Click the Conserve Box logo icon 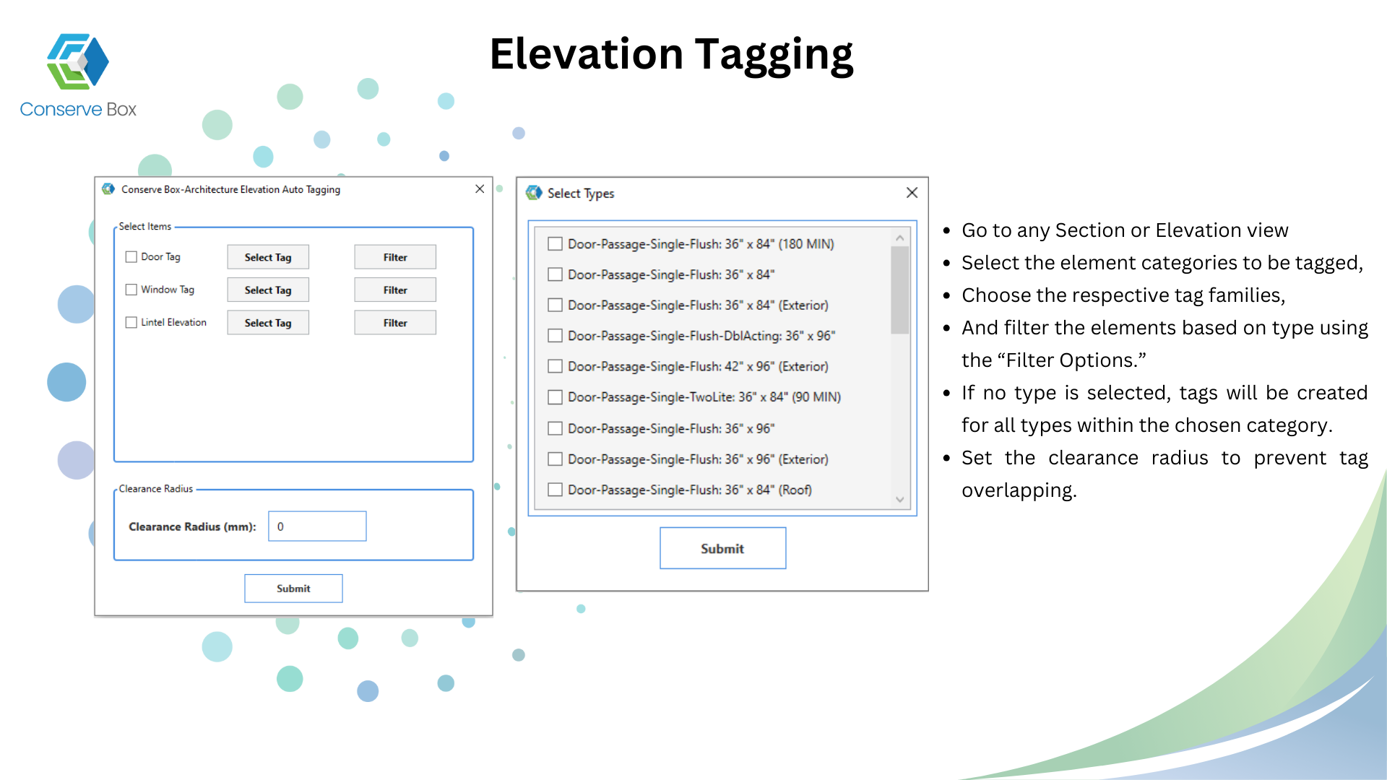coord(78,61)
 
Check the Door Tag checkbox coord(131,257)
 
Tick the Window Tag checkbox coord(131,290)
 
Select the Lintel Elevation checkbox coord(131,323)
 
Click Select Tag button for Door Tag coord(268,257)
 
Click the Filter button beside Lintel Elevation coord(395,323)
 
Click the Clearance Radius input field coord(317,526)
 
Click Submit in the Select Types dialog coord(722,548)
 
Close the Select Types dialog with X coord(912,193)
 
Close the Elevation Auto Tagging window coord(480,189)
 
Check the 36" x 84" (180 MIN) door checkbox coord(555,244)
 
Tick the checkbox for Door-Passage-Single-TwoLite coord(555,397)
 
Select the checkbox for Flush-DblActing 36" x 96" coord(555,336)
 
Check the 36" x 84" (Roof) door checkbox coord(555,490)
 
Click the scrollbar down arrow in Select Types coord(900,500)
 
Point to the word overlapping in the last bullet coord(1019,490)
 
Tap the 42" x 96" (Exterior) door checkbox coord(555,366)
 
